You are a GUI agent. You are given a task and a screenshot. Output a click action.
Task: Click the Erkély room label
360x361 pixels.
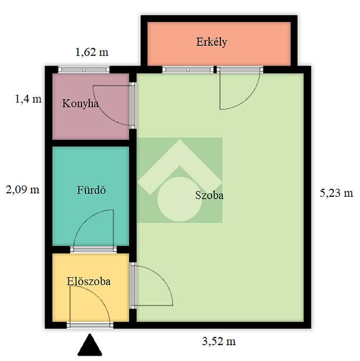click(212, 42)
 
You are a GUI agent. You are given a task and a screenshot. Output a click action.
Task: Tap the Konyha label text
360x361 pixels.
click(80, 104)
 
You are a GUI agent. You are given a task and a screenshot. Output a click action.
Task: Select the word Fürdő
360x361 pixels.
click(91, 190)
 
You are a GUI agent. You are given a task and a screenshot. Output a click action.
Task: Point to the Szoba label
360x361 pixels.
click(209, 195)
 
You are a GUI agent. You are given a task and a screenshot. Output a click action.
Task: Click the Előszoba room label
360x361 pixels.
click(89, 281)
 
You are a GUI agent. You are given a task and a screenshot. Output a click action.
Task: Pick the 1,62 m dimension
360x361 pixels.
click(92, 52)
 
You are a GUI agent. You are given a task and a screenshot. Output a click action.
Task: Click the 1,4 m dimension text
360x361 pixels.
click(28, 99)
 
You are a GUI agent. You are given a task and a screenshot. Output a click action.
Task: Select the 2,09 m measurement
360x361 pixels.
click(23, 190)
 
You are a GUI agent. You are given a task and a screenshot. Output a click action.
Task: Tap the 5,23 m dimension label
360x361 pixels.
click(336, 193)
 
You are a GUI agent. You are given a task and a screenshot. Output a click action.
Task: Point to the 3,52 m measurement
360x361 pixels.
click(219, 341)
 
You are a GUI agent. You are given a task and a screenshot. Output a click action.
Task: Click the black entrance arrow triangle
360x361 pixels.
click(90, 345)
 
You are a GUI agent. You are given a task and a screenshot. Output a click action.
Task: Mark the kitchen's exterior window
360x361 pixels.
click(84, 70)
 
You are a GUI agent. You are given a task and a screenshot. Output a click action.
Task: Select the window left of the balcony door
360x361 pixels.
click(188, 70)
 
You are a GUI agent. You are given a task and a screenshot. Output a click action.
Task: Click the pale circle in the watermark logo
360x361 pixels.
click(180, 199)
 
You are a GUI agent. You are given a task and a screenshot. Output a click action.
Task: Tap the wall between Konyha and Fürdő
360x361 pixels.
click(91, 143)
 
